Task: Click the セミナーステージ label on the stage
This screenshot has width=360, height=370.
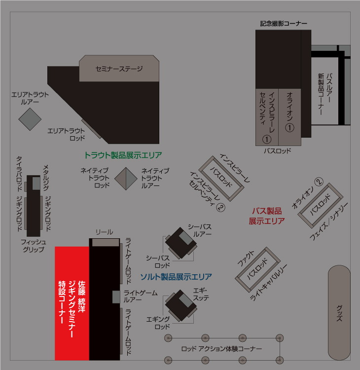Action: click(x=119, y=69)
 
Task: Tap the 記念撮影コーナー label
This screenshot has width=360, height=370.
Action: click(x=284, y=23)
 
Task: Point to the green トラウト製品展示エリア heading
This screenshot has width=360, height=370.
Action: click(x=123, y=155)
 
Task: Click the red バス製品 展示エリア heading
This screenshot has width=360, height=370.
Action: click(x=267, y=216)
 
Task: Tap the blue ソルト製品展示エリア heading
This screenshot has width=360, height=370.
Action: click(x=176, y=276)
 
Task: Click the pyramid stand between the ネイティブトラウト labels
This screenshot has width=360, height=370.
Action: click(x=125, y=178)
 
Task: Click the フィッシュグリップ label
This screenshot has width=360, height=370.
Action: click(x=33, y=245)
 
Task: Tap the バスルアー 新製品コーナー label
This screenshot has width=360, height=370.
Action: click(x=326, y=94)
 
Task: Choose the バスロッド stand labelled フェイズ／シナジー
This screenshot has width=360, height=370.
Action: click(x=321, y=203)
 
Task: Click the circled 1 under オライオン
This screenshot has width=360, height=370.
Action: click(x=290, y=127)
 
